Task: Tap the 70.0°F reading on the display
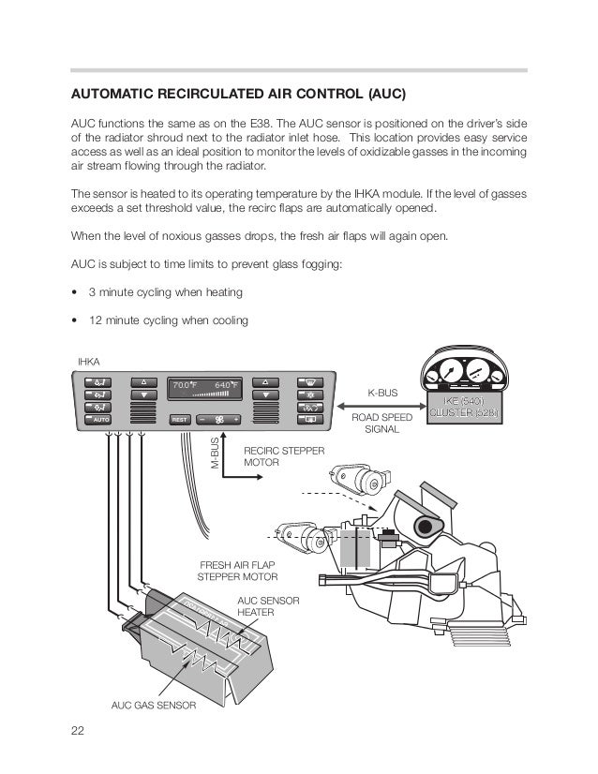(186, 384)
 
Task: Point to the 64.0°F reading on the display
(227, 384)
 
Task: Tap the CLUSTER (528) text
(464, 413)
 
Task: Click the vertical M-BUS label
(214, 453)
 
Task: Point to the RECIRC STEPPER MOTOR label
(284, 456)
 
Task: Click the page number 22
(77, 732)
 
